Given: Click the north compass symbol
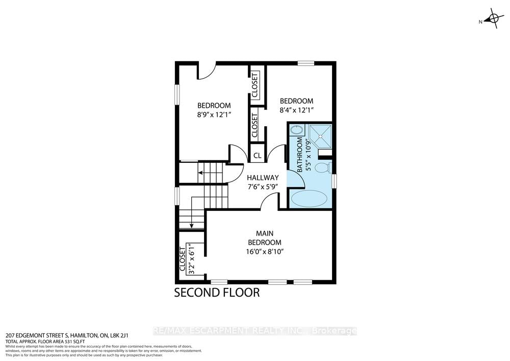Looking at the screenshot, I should tap(492, 20).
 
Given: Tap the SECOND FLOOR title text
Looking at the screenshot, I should tap(217, 293).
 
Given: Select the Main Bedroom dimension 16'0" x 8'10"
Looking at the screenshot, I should tap(265, 251).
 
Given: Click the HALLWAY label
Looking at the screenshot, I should tap(263, 177).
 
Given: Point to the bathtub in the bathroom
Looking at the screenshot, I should tap(309, 198).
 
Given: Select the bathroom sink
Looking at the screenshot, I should tap(296, 131).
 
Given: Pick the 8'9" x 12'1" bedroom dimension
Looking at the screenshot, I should tap(215, 115).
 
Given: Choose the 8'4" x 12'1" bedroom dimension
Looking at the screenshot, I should tap(296, 110).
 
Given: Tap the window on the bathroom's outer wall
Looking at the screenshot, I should tap(334, 181).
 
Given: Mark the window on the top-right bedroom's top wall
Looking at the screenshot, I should tap(305, 63).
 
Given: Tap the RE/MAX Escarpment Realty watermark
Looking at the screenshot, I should tap(255, 331).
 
